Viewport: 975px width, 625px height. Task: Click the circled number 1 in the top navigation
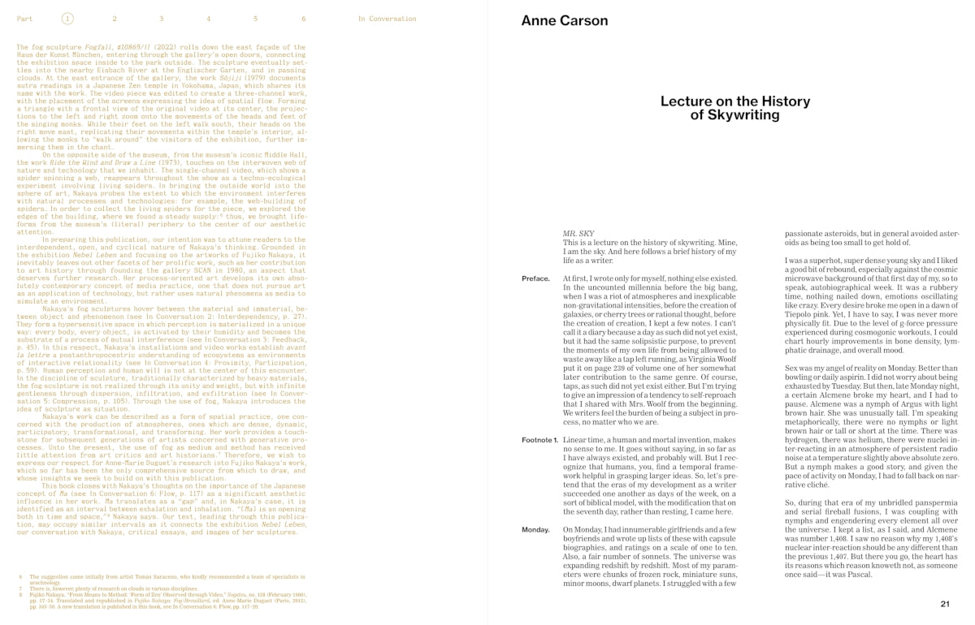tap(67, 18)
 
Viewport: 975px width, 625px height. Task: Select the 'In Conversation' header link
tap(387, 18)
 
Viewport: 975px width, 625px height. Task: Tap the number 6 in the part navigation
tap(303, 18)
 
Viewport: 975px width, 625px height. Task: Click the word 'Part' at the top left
tap(24, 18)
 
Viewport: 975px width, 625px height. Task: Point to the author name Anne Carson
tap(564, 20)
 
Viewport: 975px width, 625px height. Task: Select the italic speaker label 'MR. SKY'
tap(579, 234)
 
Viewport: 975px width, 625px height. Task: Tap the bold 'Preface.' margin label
tap(535, 278)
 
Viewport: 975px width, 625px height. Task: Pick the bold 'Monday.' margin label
tap(537, 529)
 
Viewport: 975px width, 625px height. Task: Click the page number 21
tap(945, 604)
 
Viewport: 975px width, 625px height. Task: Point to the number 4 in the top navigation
tap(209, 18)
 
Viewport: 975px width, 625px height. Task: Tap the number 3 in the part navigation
tap(162, 18)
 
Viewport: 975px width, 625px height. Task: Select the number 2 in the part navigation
tap(115, 18)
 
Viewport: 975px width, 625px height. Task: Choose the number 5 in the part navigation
tap(256, 18)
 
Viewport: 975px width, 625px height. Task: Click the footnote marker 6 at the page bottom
tap(20, 577)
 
